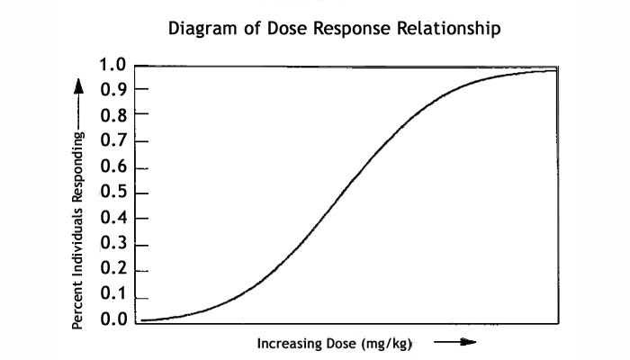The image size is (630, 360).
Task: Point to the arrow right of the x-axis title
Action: (x=454, y=342)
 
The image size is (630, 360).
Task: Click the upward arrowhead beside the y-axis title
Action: (x=78, y=86)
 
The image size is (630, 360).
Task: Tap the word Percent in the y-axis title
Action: (x=78, y=307)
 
